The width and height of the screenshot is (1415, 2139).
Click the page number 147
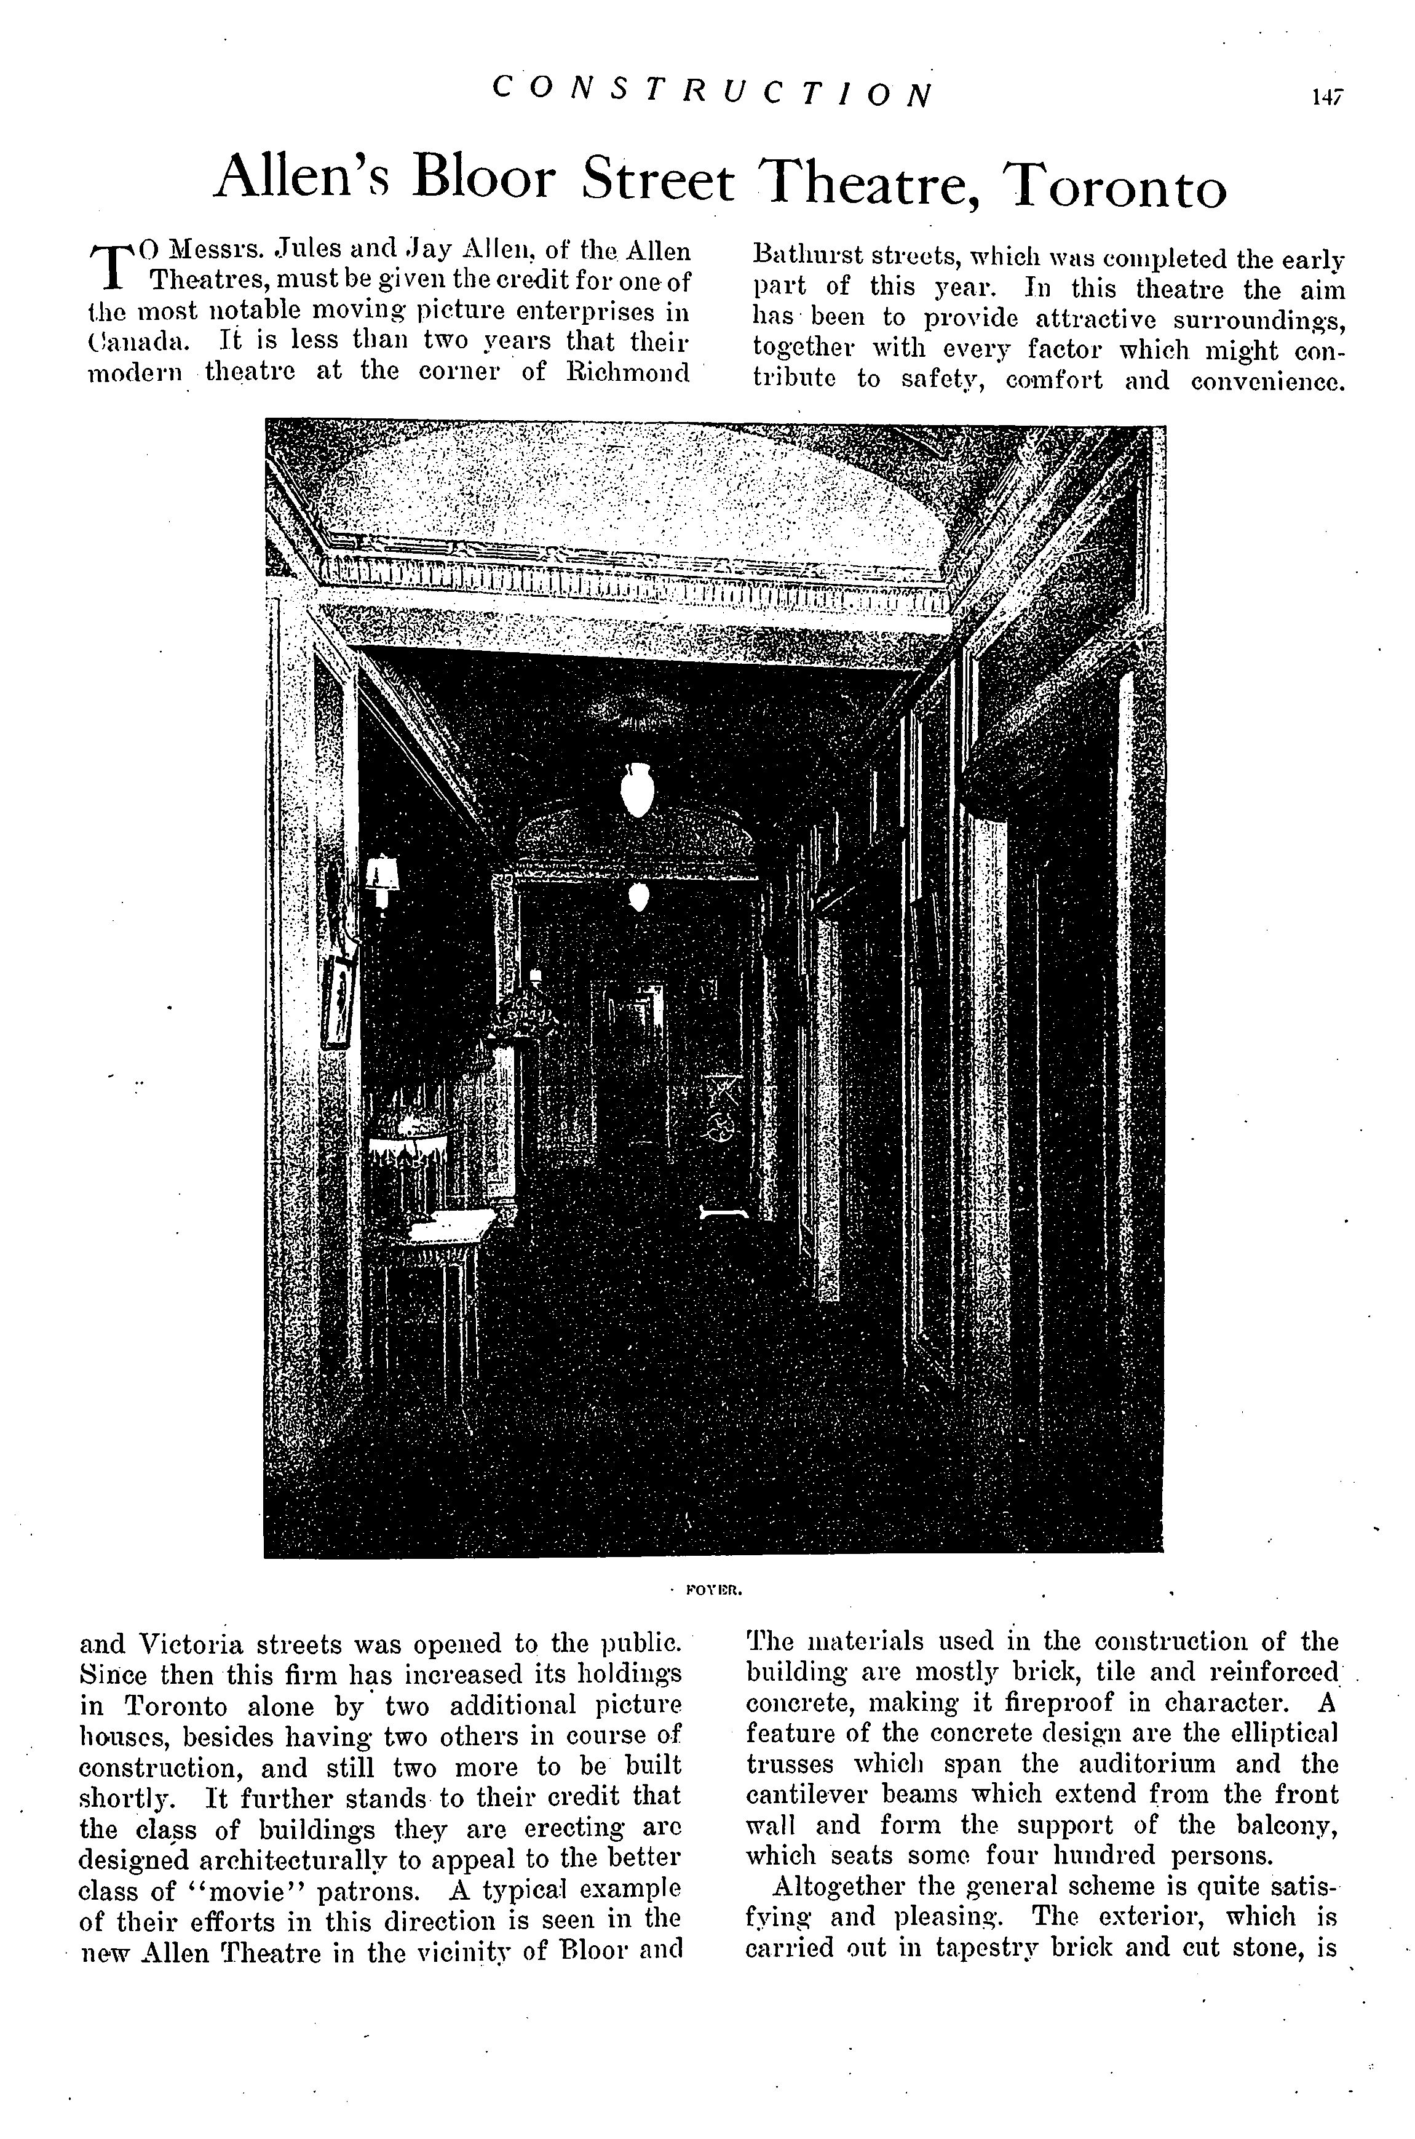click(x=1326, y=96)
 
